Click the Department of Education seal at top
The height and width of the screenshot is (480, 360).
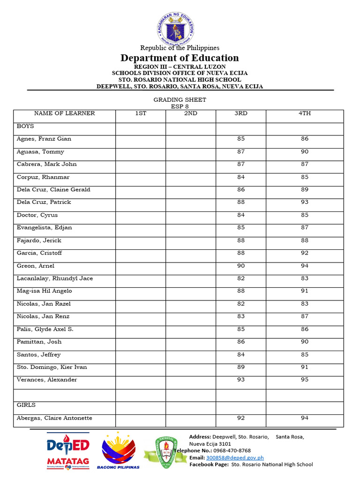(175, 27)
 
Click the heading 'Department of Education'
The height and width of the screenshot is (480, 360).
(180, 58)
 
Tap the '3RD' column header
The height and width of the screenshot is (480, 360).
(241, 113)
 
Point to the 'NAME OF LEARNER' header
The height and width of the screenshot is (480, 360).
(64, 113)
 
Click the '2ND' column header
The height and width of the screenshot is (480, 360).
(191, 113)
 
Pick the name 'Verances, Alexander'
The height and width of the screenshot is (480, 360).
(47, 380)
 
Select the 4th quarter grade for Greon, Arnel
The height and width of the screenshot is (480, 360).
(305, 266)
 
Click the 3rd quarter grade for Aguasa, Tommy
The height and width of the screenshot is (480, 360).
(241, 152)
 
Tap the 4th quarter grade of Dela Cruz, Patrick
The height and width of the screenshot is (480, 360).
(305, 202)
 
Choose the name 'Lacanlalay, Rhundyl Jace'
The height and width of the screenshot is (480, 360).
(55, 278)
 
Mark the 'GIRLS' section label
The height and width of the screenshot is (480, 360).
(26, 405)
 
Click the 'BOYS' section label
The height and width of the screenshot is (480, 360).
(25, 127)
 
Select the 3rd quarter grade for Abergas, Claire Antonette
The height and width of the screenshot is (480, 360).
(241, 418)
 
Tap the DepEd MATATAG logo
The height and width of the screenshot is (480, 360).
(68, 452)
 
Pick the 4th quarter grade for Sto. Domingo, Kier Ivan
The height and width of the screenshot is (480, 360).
(305, 367)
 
